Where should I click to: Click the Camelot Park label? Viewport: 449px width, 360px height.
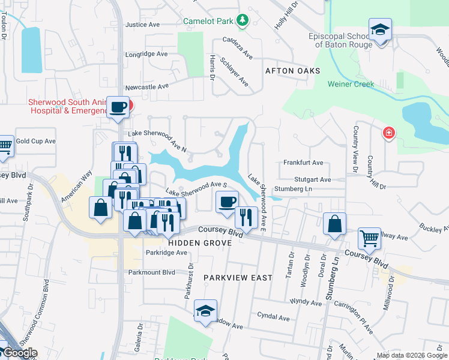coord(208,21)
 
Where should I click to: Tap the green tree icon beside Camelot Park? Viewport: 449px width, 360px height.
coord(242,21)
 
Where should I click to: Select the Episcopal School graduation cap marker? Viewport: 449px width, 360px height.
coord(380,30)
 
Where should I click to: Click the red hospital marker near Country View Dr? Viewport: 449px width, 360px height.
coord(389,133)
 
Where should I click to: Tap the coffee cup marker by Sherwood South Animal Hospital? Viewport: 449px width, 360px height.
coord(118,107)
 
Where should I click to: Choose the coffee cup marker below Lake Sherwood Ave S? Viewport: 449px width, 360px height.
coord(226,202)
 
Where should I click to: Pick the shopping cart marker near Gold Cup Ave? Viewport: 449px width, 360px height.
coord(4,145)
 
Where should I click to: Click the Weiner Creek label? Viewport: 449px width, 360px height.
coord(351,84)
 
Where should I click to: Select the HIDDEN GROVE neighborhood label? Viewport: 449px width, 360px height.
coord(200,242)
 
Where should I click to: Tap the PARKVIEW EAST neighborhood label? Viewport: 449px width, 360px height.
coord(238,278)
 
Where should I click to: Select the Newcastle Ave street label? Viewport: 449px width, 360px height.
coord(147,86)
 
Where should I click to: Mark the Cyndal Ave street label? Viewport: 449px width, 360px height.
coord(273,317)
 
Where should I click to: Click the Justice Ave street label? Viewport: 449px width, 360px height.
coord(142,25)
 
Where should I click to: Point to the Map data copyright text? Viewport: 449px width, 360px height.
coord(411,356)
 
